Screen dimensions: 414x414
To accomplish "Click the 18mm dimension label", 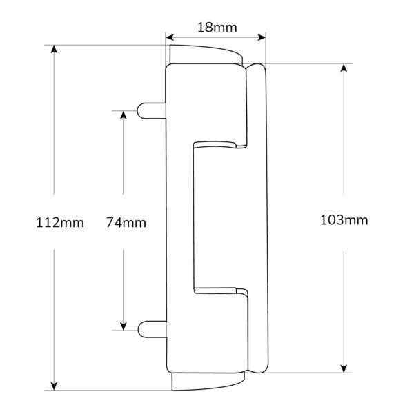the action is tap(217, 28).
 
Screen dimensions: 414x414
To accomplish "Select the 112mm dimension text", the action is tap(60, 223).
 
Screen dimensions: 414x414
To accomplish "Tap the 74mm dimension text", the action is tap(126, 223).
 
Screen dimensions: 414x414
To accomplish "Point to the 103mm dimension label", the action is tap(344, 220).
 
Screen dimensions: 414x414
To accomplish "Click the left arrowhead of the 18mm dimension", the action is tap(170, 37).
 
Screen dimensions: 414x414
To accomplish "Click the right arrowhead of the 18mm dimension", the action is tap(262, 37).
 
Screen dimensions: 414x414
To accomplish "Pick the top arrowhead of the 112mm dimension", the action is tap(54, 49).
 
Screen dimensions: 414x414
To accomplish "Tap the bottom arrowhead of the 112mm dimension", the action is tap(54, 386).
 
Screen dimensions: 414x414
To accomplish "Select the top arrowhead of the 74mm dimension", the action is tap(124, 115).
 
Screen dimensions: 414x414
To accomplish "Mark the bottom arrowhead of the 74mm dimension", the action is tap(124, 326).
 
